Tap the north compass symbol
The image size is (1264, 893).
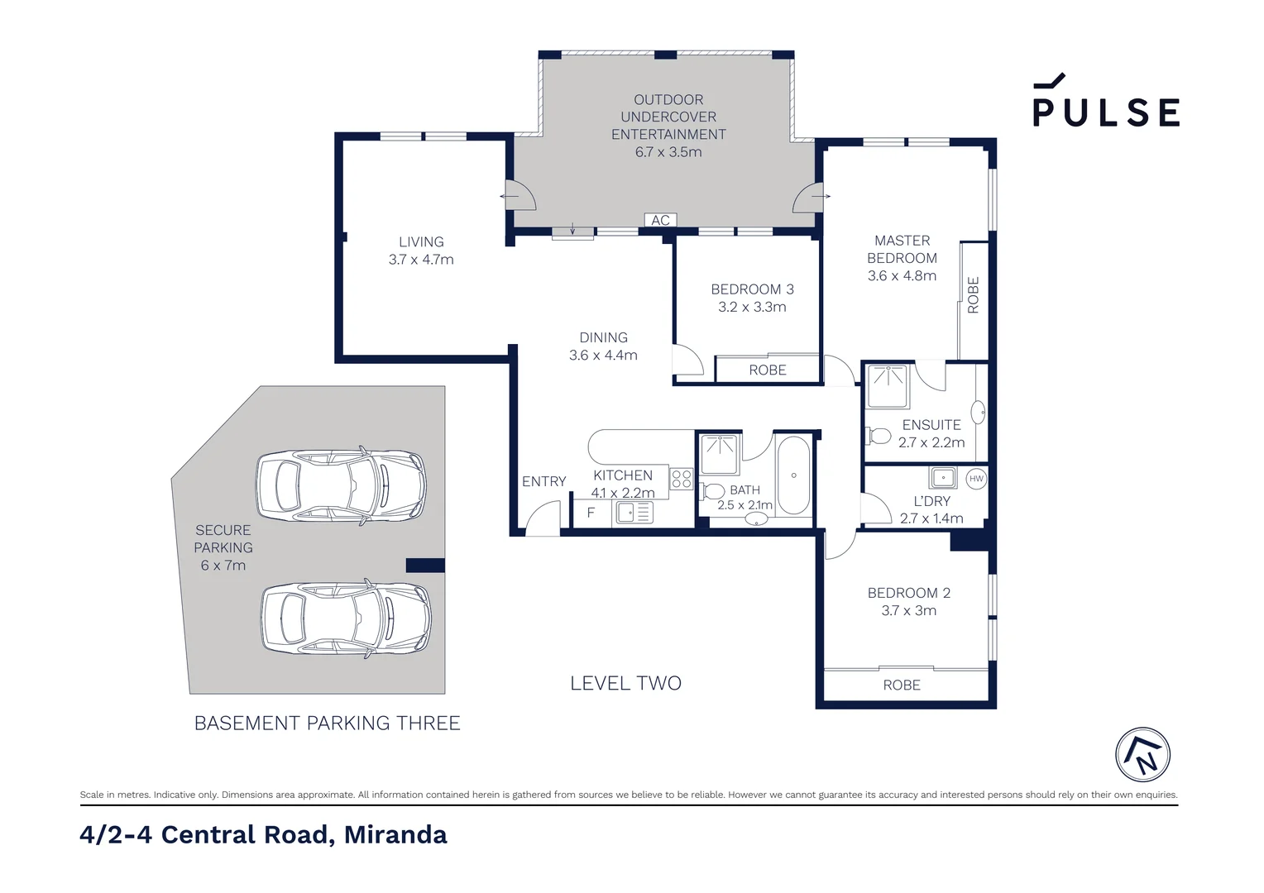tap(1142, 754)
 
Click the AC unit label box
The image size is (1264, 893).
tap(660, 220)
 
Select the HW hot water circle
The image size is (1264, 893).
tap(976, 479)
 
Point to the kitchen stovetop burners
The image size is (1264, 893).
tap(681, 479)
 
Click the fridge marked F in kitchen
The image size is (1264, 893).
tap(591, 513)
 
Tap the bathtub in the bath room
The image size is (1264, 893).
tap(793, 475)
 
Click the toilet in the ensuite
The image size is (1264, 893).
tap(878, 436)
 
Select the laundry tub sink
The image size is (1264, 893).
tap(943, 477)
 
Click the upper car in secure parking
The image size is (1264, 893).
tap(341, 484)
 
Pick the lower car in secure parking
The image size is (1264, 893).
tap(346, 618)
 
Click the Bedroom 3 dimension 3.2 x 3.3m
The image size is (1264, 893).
tap(752, 307)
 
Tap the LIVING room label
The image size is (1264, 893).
tap(421, 241)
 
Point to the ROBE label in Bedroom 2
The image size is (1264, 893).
tap(902, 685)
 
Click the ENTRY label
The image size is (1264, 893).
tap(543, 481)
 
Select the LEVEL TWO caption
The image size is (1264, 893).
tap(625, 683)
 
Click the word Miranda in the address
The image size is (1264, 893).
tap(395, 834)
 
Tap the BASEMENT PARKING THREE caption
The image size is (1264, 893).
tap(328, 723)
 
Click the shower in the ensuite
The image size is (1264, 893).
tap(888, 386)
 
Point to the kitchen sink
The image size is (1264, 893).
tap(634, 513)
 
